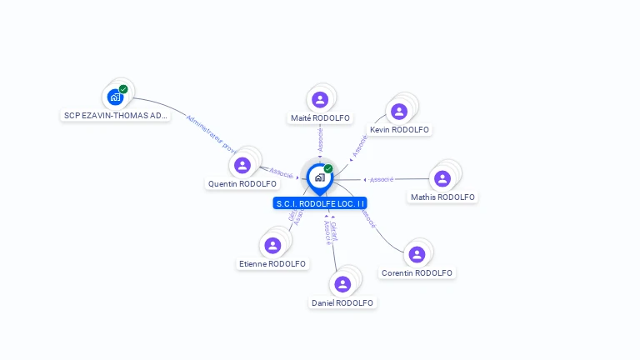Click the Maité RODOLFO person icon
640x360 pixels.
pos(320,100)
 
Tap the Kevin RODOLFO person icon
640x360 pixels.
pos(399,111)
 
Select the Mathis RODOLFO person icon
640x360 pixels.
pos(442,178)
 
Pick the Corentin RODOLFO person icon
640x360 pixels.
pos(417,254)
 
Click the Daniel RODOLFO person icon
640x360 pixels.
pos(342,284)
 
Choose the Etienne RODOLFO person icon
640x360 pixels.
pos(272,246)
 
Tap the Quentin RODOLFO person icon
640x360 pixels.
pos(242,165)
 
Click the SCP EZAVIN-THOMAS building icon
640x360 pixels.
pos(115,97)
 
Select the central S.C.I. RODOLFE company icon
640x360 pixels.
pos(319,177)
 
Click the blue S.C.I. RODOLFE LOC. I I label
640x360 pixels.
pos(320,203)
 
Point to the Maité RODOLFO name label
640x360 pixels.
pos(320,118)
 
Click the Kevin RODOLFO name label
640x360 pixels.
pos(399,130)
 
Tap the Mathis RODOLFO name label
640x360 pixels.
pos(442,197)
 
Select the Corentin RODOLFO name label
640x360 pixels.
pos(417,273)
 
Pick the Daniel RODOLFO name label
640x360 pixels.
pos(342,303)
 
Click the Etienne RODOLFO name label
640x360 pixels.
pos(272,264)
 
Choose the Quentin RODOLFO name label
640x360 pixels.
pos(242,184)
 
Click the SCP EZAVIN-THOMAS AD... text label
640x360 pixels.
pos(116,116)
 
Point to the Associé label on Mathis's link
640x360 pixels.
pos(382,179)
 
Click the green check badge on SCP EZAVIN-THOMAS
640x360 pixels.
pos(123,89)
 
